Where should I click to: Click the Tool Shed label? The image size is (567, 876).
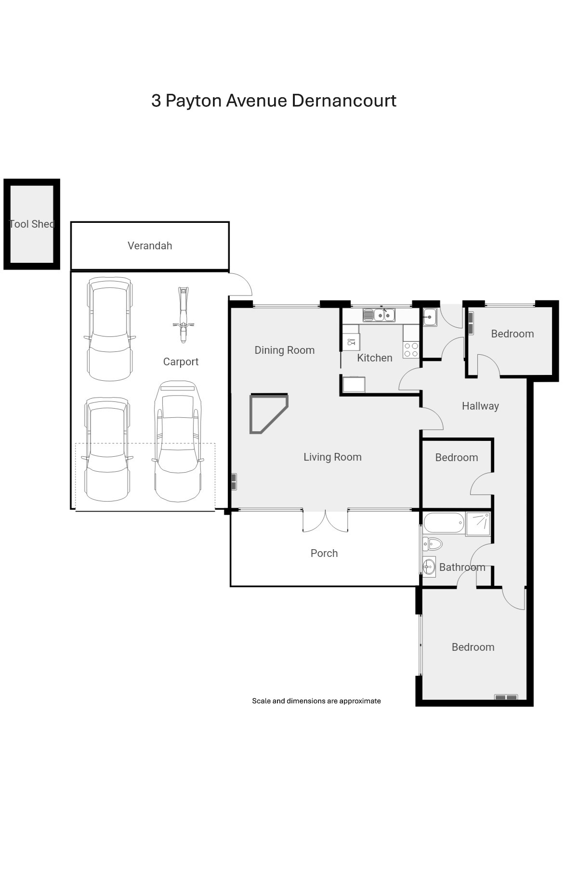pyautogui.click(x=32, y=224)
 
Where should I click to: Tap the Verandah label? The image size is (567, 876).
pyautogui.click(x=150, y=245)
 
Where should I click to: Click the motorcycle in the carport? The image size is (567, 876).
pyautogui.click(x=183, y=315)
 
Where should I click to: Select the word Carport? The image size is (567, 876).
pyautogui.click(x=181, y=362)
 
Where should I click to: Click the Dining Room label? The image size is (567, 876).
pyautogui.click(x=285, y=350)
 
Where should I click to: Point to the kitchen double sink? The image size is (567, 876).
pyautogui.click(x=379, y=315)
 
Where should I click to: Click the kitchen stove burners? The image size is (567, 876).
pyautogui.click(x=411, y=350)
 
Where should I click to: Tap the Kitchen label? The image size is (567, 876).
pyautogui.click(x=375, y=358)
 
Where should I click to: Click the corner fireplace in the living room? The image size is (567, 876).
pyautogui.click(x=268, y=413)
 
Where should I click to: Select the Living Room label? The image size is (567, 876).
pyautogui.click(x=332, y=457)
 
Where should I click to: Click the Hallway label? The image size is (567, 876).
pyautogui.click(x=480, y=406)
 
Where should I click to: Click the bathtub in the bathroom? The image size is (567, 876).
pyautogui.click(x=444, y=523)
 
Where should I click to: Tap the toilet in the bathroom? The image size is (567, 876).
pyautogui.click(x=433, y=544)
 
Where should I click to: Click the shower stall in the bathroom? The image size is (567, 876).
pyautogui.click(x=478, y=524)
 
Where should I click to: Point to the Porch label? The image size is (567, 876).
pyautogui.click(x=324, y=553)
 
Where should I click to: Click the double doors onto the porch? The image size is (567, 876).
pyautogui.click(x=325, y=521)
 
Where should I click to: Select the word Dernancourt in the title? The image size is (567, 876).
pyautogui.click(x=344, y=101)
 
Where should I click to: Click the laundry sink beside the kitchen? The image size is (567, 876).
pyautogui.click(x=430, y=317)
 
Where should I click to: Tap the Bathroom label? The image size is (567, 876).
pyautogui.click(x=462, y=567)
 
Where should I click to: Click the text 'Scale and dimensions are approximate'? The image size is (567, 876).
pyautogui.click(x=316, y=701)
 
